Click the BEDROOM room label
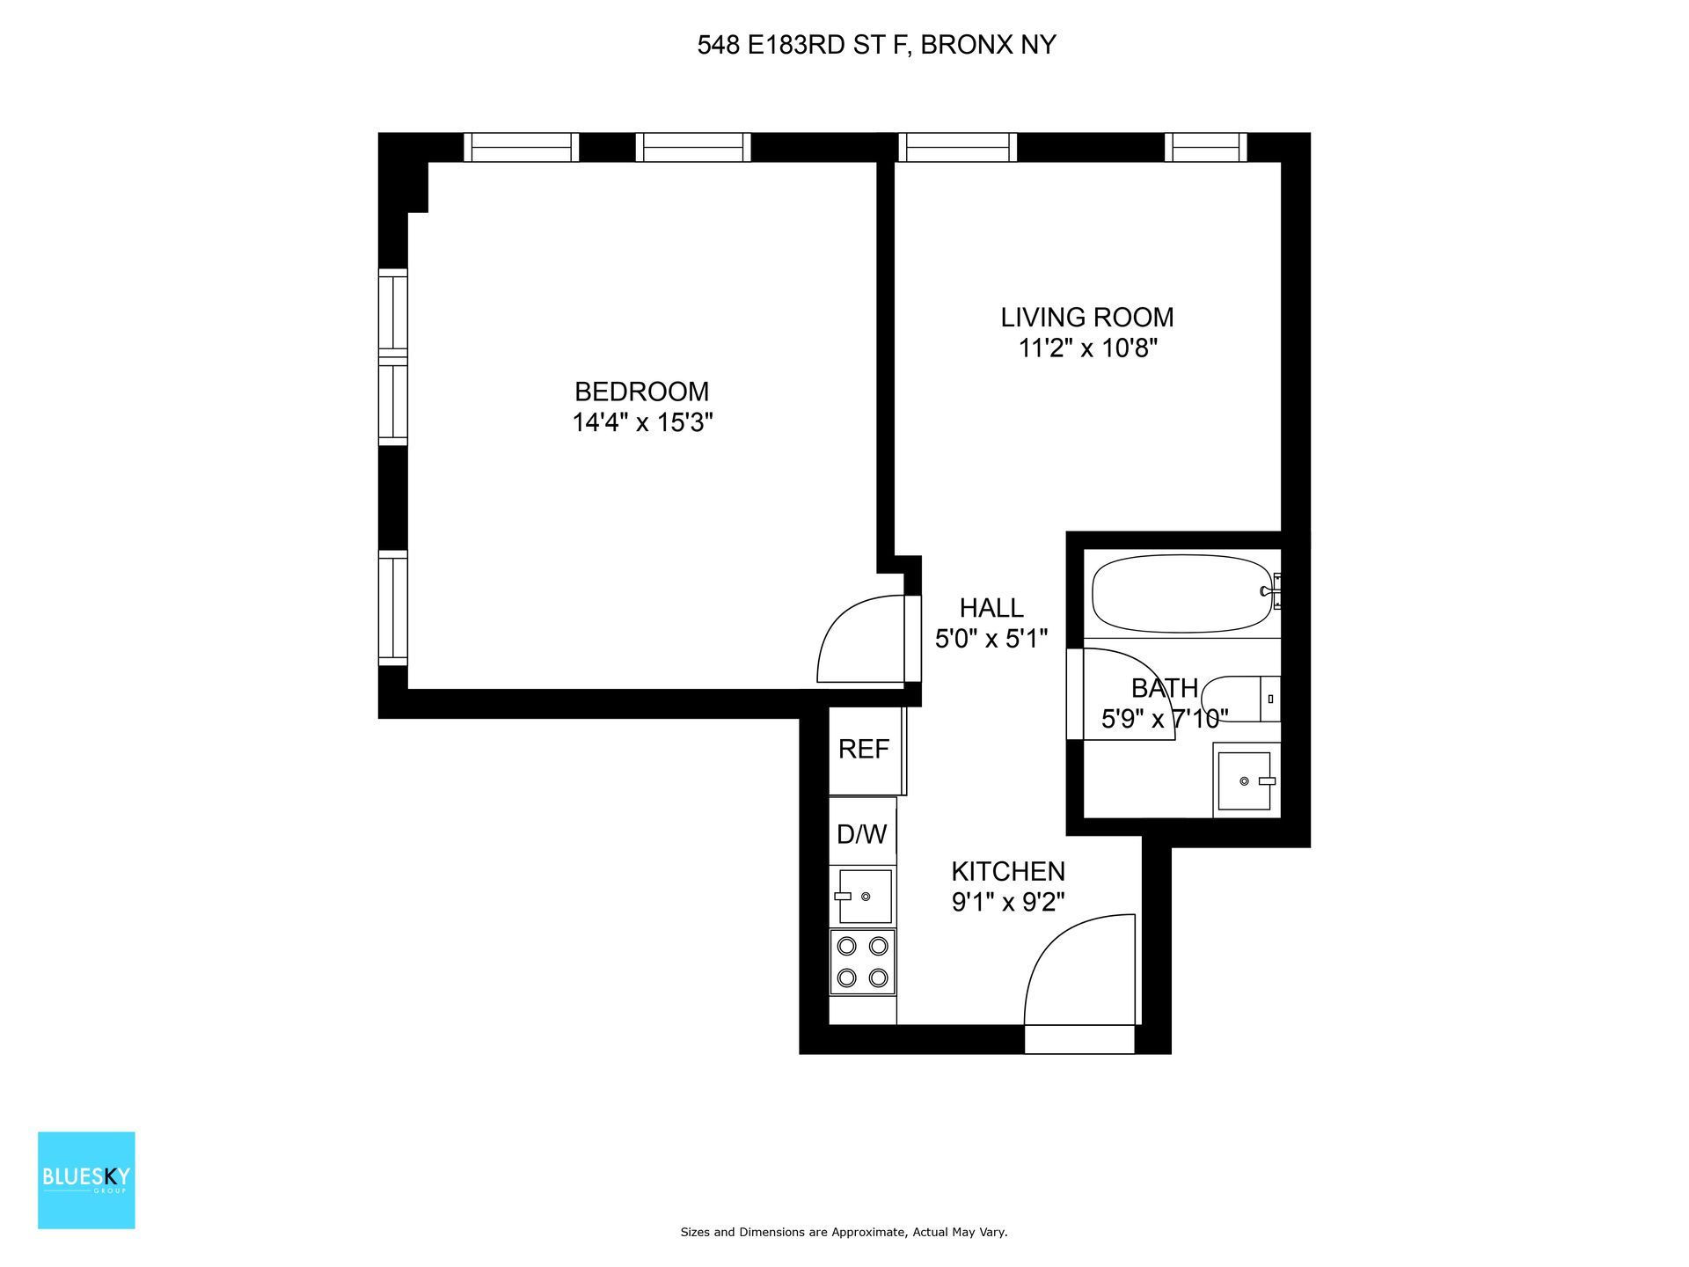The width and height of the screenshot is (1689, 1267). click(641, 392)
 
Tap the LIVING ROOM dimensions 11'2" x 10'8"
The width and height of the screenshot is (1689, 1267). click(1087, 348)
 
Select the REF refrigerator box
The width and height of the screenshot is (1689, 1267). click(864, 750)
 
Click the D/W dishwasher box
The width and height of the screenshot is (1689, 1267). click(862, 833)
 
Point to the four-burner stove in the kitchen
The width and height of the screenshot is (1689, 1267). click(862, 962)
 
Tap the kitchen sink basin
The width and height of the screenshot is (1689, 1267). click(865, 896)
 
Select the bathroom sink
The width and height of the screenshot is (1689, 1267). click(1244, 780)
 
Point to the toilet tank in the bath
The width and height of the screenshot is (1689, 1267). click(1269, 699)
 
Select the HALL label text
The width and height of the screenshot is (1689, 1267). click(991, 608)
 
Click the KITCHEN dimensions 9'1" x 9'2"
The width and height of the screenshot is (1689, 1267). click(1008, 903)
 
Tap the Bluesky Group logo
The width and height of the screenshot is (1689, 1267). click(86, 1180)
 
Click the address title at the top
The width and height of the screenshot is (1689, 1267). click(876, 45)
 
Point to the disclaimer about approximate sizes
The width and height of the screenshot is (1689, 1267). click(844, 1233)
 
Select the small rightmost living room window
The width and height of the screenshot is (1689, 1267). click(1205, 147)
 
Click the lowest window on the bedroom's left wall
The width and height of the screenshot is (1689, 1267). click(393, 608)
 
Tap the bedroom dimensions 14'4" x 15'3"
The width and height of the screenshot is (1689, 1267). click(641, 423)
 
